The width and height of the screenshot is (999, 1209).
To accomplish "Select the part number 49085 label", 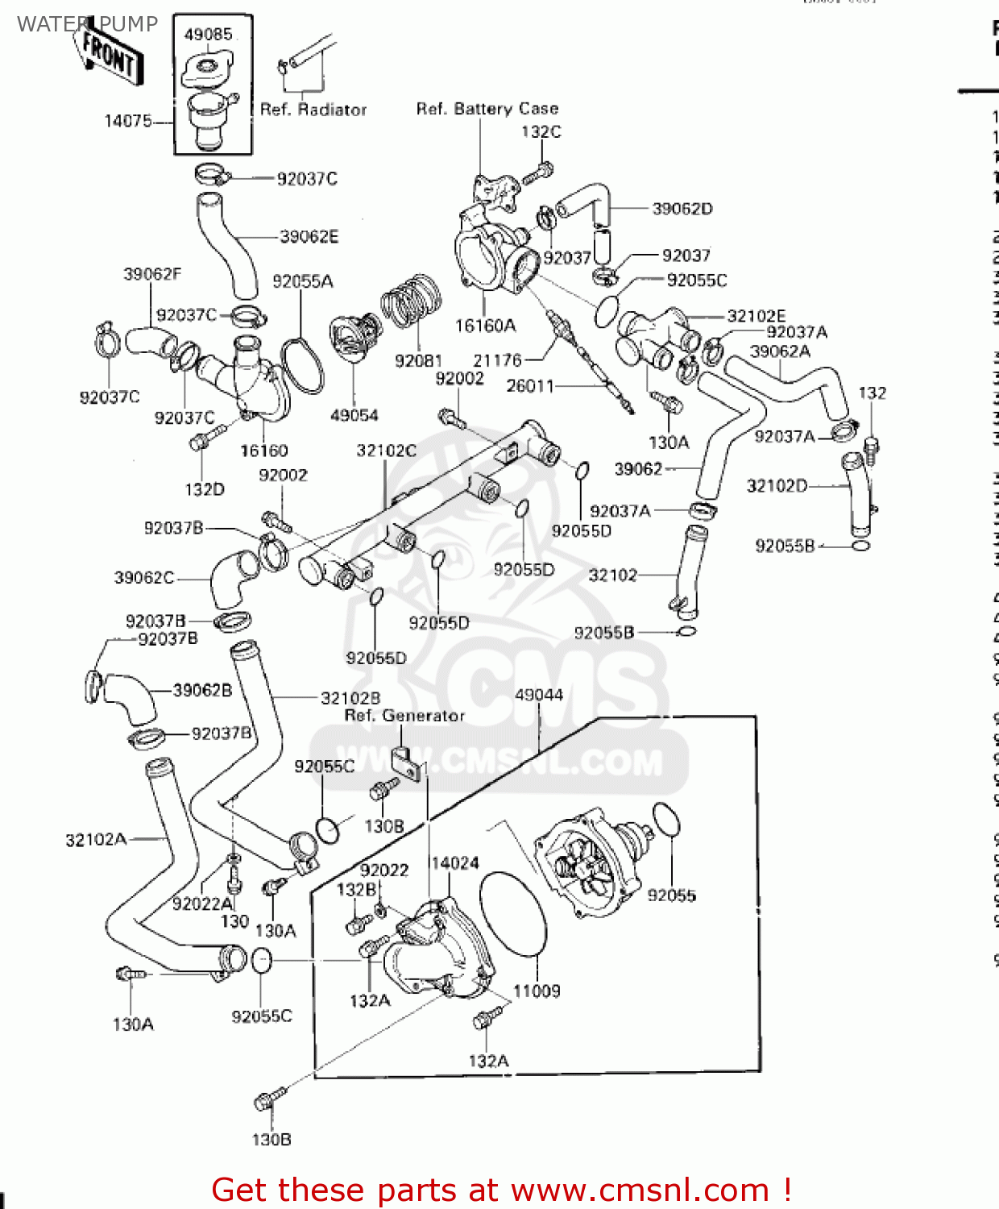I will (208, 34).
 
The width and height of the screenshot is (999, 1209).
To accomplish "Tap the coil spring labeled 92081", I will (411, 301).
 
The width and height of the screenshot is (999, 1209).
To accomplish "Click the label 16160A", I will (485, 326).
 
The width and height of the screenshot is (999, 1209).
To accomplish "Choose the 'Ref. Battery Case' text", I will (487, 108).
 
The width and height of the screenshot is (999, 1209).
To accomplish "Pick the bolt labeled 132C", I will (538, 172).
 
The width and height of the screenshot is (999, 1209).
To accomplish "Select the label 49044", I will (538, 695).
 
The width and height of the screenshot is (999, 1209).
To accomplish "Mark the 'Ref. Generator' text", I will (404, 716).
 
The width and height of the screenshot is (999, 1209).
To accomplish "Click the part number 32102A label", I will (96, 840).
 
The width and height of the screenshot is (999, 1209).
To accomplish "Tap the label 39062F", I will (152, 274).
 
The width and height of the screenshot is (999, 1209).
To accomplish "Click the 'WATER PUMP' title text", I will (87, 24).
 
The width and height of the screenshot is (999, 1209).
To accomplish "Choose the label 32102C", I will (386, 451).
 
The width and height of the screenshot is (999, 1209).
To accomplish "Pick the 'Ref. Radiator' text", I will (313, 110).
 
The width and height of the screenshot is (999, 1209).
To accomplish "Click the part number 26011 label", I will (529, 386).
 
